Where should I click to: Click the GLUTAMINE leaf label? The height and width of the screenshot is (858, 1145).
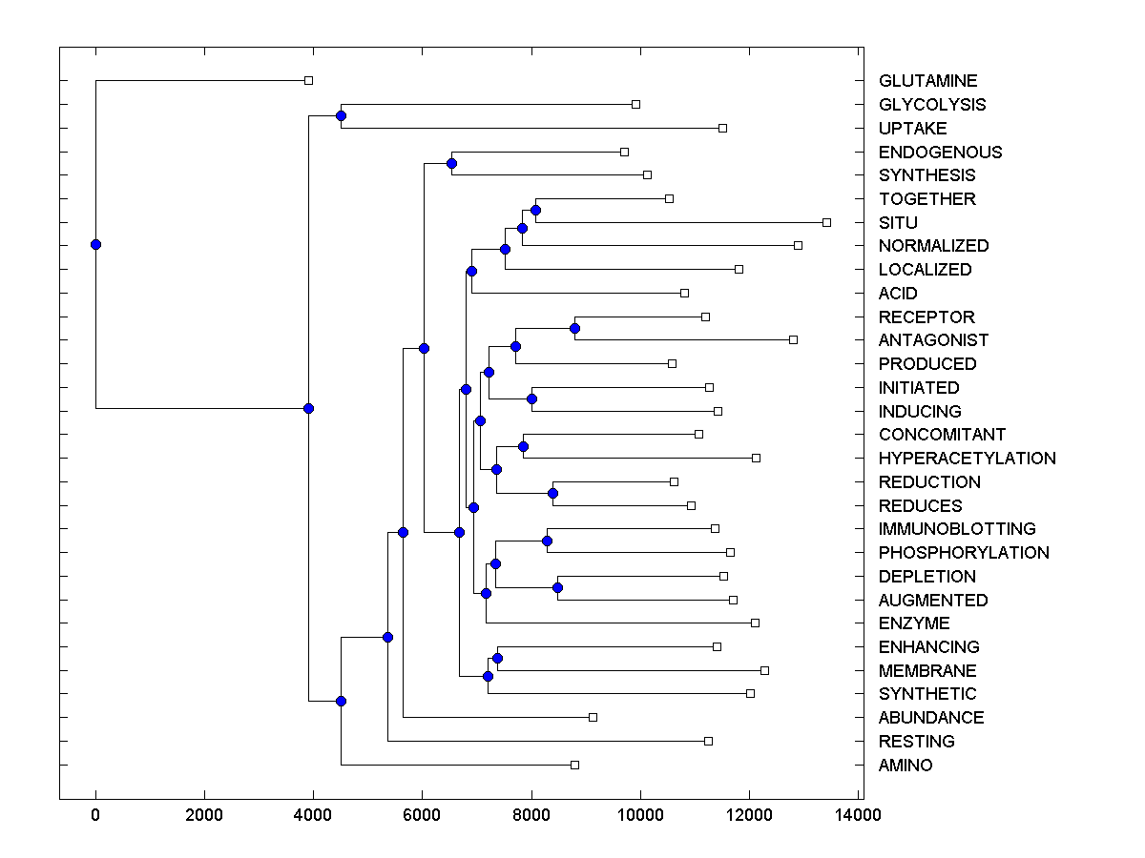click(927, 81)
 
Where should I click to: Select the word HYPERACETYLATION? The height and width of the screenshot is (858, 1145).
click(967, 459)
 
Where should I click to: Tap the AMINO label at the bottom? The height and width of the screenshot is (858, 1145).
click(906, 766)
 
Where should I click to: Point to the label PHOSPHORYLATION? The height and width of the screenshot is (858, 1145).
click(964, 553)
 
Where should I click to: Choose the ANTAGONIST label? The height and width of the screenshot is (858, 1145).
click(933, 340)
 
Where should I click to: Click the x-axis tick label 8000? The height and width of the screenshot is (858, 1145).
click(531, 814)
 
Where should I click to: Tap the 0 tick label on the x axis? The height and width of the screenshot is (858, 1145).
click(95, 814)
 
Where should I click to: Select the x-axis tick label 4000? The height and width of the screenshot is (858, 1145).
click(313, 814)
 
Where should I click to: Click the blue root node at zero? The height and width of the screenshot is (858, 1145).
click(95, 244)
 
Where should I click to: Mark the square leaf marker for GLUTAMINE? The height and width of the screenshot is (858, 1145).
click(308, 80)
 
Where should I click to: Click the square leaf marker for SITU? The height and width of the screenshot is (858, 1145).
click(826, 222)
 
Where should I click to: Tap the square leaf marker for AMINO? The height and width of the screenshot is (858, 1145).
click(574, 765)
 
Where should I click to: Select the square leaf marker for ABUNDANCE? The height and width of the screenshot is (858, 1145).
click(593, 717)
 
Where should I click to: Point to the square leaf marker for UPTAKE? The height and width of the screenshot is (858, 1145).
click(722, 128)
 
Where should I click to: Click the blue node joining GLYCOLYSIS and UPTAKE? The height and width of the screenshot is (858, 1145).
click(341, 115)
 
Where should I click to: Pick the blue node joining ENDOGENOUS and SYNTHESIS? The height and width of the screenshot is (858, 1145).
click(451, 163)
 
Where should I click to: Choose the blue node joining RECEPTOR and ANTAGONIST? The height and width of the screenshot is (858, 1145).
click(574, 328)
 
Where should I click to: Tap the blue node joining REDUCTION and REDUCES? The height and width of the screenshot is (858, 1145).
click(552, 493)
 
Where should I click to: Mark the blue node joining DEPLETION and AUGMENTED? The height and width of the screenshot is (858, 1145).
click(558, 587)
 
